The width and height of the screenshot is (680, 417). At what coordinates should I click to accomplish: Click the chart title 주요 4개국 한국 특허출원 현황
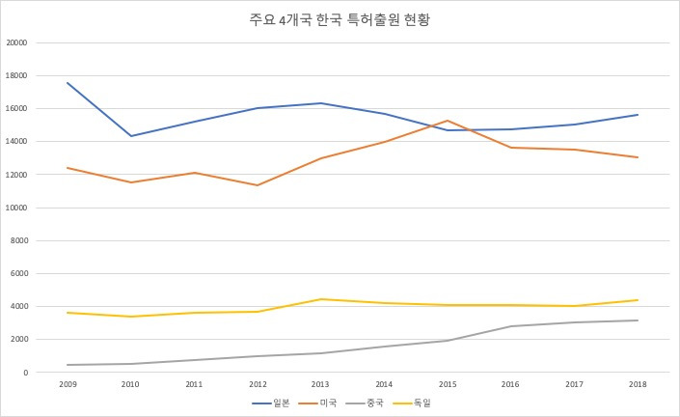click(340, 19)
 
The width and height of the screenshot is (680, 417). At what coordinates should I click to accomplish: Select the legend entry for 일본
click(277, 403)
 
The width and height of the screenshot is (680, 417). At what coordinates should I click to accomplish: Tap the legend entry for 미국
click(326, 403)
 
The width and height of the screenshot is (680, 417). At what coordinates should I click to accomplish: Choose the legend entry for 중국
click(374, 403)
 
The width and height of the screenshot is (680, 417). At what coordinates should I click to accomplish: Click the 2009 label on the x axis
click(68, 383)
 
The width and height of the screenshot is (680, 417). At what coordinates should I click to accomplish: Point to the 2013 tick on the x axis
click(320, 383)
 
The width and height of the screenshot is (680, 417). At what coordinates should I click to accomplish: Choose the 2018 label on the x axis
click(637, 383)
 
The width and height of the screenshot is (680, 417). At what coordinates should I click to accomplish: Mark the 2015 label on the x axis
click(447, 383)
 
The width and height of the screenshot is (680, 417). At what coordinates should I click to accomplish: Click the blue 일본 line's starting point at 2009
click(68, 83)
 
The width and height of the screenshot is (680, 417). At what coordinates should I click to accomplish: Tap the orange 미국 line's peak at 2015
click(447, 121)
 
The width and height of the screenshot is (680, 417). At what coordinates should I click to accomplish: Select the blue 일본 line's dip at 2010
click(130, 136)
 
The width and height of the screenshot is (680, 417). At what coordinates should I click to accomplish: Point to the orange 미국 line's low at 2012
click(257, 185)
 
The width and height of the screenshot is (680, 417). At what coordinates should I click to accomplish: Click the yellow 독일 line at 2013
click(320, 299)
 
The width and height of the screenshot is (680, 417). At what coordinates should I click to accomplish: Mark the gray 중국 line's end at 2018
click(637, 320)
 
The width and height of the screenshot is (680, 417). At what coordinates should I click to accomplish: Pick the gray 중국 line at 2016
click(510, 326)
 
